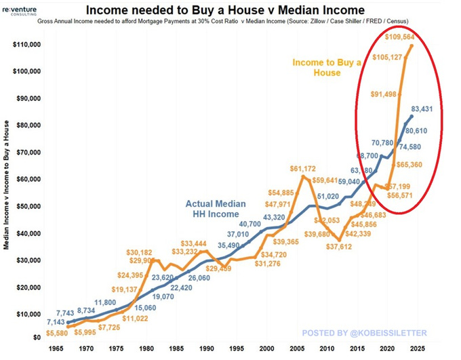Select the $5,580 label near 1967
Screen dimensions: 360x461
(56, 332)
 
